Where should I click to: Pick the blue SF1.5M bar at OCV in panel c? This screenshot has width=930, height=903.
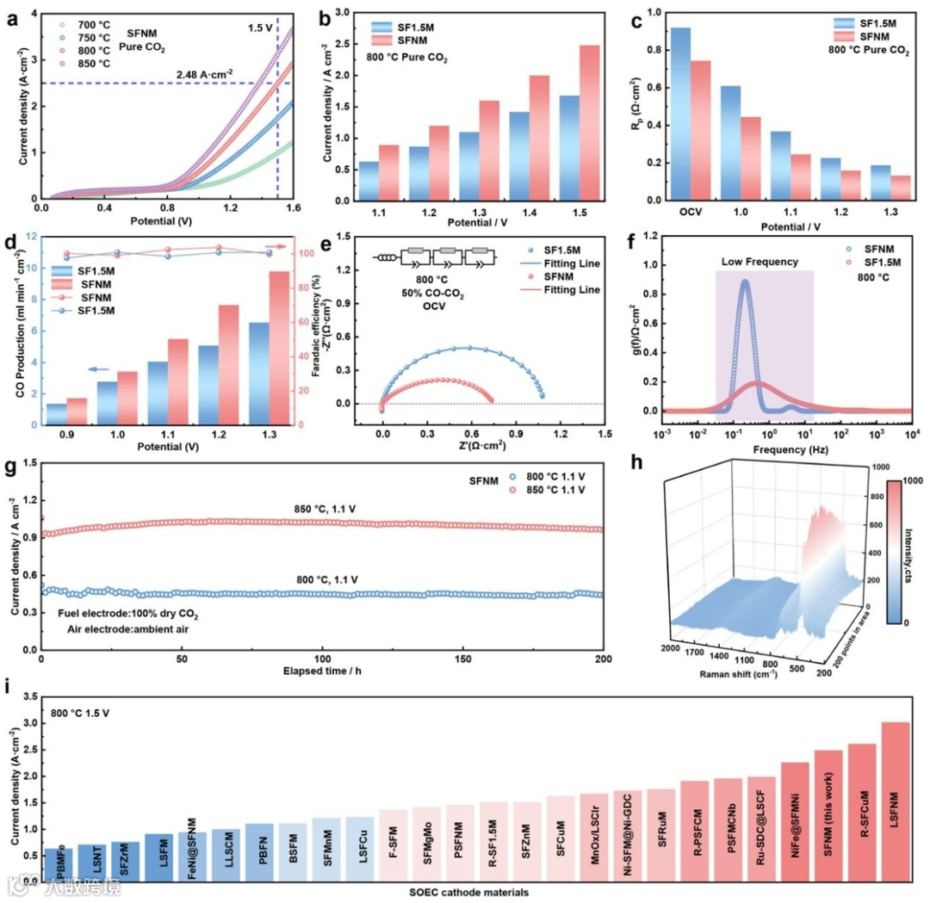pyautogui.click(x=680, y=114)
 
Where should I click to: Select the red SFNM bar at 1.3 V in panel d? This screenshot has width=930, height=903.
pyautogui.click(x=279, y=348)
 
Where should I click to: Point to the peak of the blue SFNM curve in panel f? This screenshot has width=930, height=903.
pyautogui.click(x=745, y=281)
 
